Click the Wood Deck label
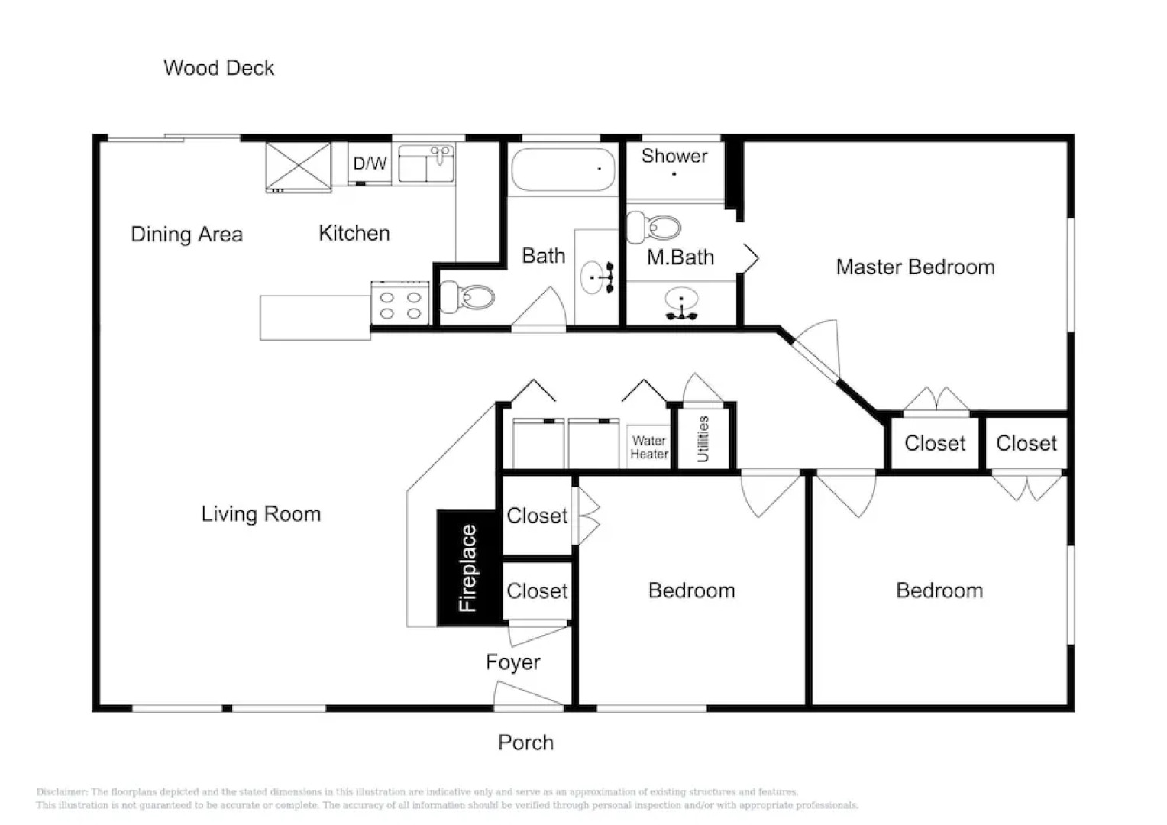point(218,68)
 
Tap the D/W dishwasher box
point(370,163)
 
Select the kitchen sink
point(426,163)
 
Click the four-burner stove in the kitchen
point(400,303)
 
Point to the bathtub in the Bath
point(563,170)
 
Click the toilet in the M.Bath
point(653,227)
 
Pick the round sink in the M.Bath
point(681,302)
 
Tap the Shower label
point(674,156)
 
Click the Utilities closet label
point(703,438)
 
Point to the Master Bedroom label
point(916,267)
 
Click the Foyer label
point(512,662)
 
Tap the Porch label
point(525,742)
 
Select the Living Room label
point(261,514)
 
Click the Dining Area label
point(186,235)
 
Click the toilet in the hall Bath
point(467,298)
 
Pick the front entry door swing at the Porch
point(528,695)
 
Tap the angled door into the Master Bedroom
point(816,350)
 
